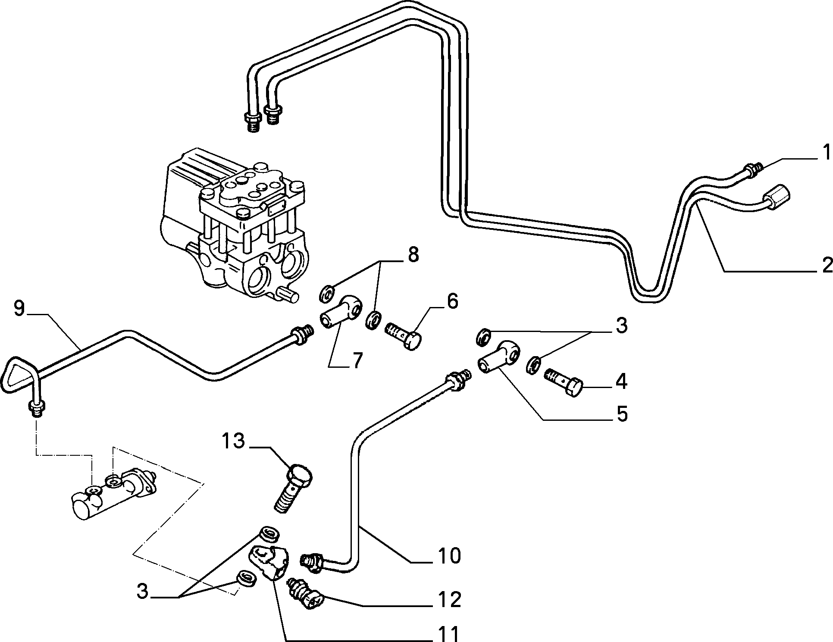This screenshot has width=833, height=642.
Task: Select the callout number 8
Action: [x=413, y=255]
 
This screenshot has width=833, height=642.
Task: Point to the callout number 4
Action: [x=621, y=382]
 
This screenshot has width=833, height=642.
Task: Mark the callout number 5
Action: [x=621, y=414]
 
